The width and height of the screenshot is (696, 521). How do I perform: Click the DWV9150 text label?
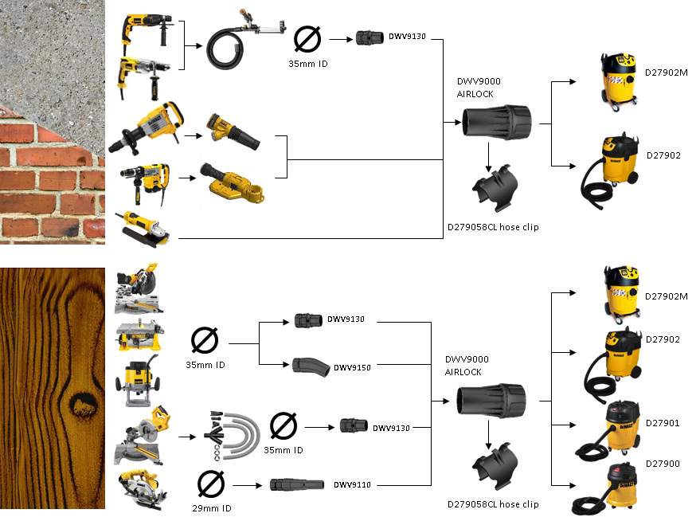click(x=354, y=368)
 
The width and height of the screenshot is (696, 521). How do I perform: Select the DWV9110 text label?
click(x=354, y=484)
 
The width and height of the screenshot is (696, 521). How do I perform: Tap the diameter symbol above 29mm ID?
click(x=209, y=483)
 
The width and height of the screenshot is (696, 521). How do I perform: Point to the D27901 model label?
click(x=663, y=423)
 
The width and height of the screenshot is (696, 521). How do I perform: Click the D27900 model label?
click(x=663, y=463)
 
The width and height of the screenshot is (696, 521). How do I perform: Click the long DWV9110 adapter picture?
click(x=297, y=484)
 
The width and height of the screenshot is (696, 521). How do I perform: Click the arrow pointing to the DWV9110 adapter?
click(x=246, y=484)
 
